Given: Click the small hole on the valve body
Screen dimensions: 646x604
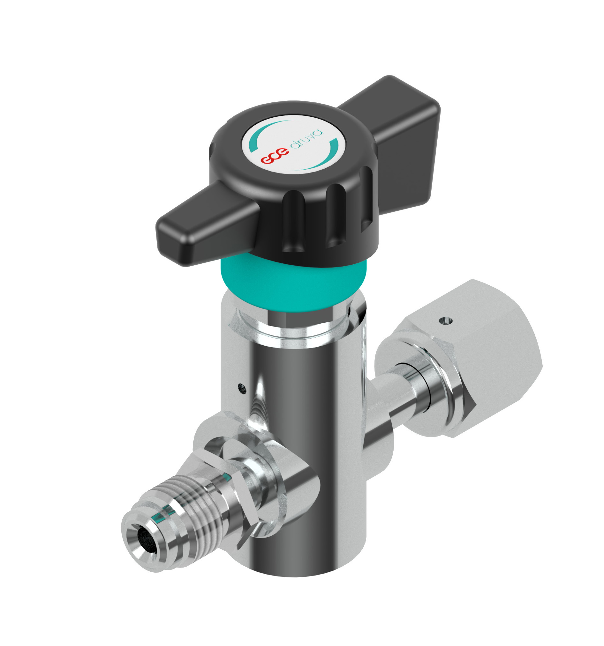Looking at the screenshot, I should point(241,387).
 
